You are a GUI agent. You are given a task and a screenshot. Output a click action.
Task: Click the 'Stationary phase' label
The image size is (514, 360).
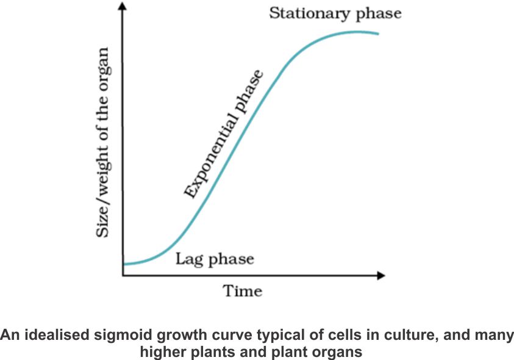pos(335,13)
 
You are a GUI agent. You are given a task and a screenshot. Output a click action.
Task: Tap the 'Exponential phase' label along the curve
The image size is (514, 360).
pos(224,135)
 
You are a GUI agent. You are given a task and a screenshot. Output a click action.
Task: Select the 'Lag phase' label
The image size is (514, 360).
pos(215,259)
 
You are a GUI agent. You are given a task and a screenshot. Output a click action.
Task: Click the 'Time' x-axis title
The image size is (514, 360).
pos(242,290)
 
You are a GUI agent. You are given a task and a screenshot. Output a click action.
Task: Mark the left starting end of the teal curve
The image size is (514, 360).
pos(124,264)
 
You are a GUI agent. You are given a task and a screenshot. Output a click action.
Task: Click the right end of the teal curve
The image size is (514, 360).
pos(378,33)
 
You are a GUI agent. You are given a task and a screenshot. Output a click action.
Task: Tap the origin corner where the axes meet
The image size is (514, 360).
pos(124,276)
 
